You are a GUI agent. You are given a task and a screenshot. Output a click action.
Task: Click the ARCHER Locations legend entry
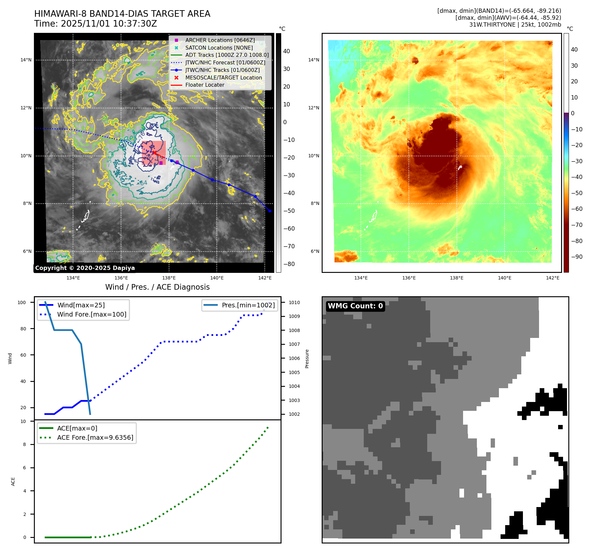coord(220,40)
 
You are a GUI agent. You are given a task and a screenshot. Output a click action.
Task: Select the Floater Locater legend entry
coord(205,85)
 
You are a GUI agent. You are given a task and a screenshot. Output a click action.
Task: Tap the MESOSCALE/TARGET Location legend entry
coord(223,78)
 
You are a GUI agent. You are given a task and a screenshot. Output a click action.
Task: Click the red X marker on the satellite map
coord(154,152)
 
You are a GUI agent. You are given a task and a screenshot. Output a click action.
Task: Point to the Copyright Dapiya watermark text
coord(85,268)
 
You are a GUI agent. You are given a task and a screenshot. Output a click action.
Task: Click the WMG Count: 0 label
coord(355,306)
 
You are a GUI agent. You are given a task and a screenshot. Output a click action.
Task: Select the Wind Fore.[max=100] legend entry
coord(91,314)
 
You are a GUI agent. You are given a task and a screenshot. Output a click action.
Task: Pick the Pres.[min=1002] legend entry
coord(248,305)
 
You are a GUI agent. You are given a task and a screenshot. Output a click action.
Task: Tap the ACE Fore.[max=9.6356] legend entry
coord(95,437)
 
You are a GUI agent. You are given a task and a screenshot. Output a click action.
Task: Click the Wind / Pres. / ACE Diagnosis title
coord(157,287)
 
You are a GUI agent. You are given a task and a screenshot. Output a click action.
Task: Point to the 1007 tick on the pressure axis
coord(294,344)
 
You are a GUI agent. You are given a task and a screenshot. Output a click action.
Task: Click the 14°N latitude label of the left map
coord(26,60)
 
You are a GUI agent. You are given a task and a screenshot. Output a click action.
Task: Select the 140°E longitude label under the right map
coord(505,278)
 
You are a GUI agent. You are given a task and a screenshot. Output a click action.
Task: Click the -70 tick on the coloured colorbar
coord(577,225)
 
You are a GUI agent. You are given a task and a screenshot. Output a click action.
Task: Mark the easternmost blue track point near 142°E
coord(270,211)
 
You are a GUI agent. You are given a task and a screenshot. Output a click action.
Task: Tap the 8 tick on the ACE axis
coord(24,444)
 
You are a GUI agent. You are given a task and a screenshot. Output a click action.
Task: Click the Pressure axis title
coord(307,359)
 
